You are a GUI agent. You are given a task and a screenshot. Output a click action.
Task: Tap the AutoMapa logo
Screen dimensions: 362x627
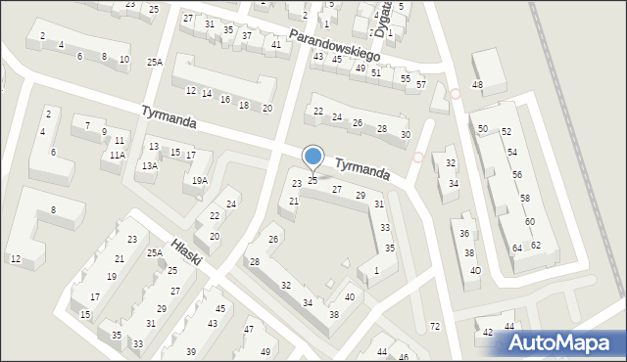(x=558, y=343)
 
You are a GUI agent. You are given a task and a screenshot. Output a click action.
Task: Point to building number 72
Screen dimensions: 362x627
(x=435, y=326)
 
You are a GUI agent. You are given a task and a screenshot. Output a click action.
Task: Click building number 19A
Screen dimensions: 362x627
(x=200, y=180)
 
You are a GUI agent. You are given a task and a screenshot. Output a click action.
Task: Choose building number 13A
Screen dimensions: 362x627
(x=149, y=166)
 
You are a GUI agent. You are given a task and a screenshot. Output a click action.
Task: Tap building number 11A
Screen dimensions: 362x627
(x=118, y=155)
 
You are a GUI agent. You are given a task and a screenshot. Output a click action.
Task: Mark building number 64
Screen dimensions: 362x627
(x=517, y=249)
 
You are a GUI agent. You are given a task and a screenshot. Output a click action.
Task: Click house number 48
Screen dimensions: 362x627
(x=477, y=85)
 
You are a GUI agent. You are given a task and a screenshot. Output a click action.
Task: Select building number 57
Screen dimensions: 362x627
(x=420, y=85)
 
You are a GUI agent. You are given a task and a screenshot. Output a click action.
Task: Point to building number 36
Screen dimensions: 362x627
(x=464, y=233)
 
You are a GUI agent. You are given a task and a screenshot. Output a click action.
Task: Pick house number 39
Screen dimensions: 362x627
(x=191, y=351)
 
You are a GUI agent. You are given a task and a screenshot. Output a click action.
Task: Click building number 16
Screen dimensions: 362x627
(x=224, y=100)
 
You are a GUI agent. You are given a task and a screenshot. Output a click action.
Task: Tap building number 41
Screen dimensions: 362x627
(x=276, y=44)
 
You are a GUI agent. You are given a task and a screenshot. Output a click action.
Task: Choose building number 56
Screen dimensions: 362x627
(x=516, y=174)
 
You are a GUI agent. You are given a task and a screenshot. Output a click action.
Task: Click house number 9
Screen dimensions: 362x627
(x=104, y=131)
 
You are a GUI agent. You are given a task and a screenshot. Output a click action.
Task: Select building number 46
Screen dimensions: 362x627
(x=403, y=357)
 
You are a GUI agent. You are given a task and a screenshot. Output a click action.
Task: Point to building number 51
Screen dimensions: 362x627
(x=376, y=73)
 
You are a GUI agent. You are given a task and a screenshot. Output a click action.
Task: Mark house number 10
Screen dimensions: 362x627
(x=123, y=60)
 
